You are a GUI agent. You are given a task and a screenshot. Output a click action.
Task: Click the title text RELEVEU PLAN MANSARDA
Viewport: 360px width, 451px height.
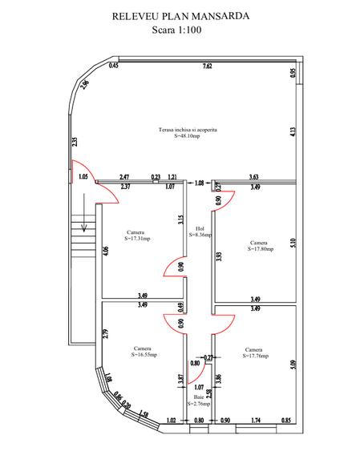180,15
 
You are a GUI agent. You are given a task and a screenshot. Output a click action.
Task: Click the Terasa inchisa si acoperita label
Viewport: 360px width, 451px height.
188,129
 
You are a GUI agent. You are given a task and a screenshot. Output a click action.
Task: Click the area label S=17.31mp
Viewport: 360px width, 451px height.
137,239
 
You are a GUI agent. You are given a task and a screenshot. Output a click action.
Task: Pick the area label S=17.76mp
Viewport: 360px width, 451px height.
253,356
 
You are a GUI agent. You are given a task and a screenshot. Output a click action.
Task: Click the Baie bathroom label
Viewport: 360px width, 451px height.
199,397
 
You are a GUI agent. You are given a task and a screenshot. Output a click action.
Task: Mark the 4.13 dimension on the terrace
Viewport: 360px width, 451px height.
293,132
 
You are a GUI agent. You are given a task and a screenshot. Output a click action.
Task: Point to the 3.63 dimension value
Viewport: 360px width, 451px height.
253,177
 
